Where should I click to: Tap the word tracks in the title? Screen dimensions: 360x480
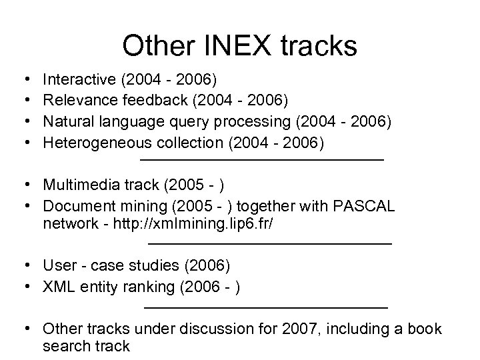tap(320, 46)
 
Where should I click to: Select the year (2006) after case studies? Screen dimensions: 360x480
tap(207, 266)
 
